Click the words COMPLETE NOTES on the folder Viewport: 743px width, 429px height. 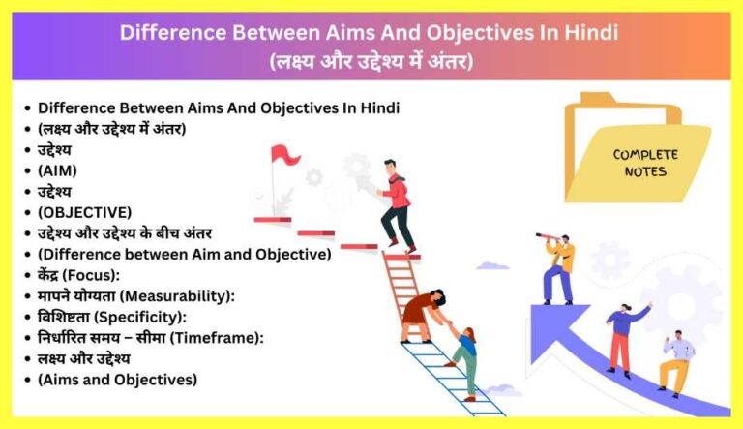(x=645, y=163)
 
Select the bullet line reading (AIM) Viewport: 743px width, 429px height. (x=57, y=169)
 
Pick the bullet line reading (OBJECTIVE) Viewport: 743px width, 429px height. (x=84, y=211)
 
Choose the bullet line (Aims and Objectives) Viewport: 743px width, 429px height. (x=117, y=379)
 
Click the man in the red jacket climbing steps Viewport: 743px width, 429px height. (x=395, y=204)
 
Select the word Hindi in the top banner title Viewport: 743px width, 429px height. (x=591, y=32)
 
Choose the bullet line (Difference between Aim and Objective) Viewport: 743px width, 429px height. (x=184, y=254)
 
